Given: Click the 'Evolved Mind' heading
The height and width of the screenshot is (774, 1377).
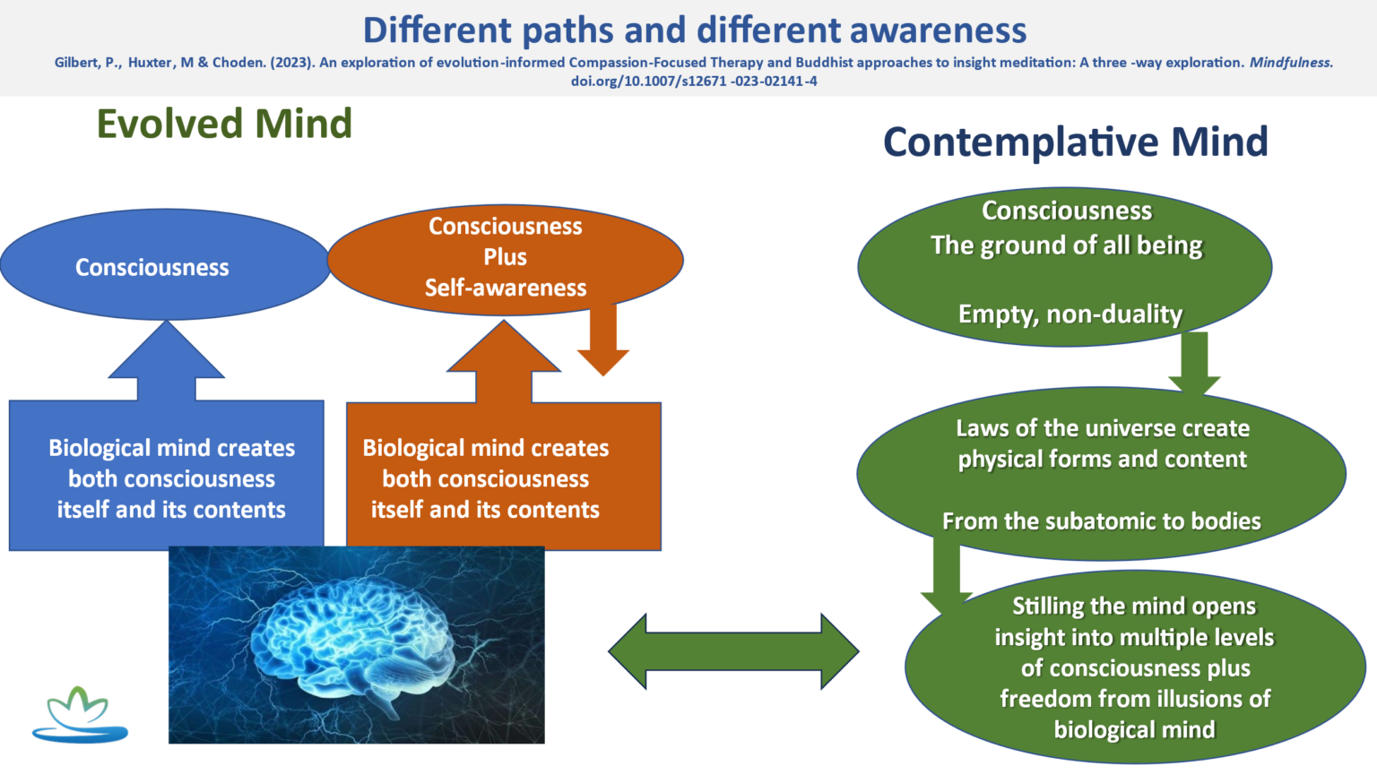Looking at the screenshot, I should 224,124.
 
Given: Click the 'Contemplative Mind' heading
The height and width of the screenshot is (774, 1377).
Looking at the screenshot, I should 1075,142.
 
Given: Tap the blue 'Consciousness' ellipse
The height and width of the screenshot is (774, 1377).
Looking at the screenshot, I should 152,267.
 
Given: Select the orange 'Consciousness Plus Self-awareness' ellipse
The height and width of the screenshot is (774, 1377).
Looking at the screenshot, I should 506,257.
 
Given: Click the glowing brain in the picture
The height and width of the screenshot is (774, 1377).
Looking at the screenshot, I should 359,641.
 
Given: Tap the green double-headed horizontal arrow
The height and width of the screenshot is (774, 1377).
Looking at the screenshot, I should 732,651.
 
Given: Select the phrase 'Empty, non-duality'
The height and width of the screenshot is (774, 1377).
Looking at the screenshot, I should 1070,314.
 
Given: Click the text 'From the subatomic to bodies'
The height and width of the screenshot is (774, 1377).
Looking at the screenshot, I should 1101,521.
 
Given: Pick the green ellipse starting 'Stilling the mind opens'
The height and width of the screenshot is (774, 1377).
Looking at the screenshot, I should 1135,667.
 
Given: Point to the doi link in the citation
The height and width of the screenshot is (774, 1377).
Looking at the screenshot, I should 694,81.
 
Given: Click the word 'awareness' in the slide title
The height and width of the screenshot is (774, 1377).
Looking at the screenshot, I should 938,30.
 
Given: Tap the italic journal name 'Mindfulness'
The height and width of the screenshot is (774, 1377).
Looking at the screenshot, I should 1291,63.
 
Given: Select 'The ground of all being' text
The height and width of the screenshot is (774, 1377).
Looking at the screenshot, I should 1066,245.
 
